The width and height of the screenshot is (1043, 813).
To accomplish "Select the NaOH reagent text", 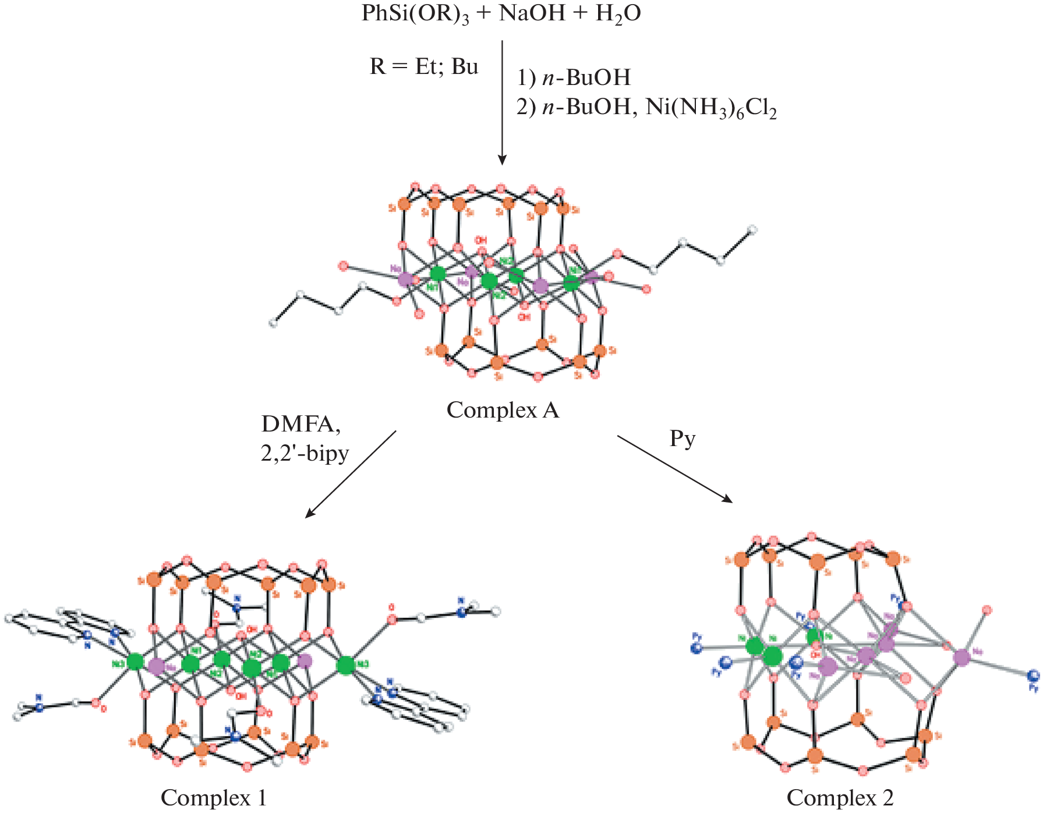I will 532,13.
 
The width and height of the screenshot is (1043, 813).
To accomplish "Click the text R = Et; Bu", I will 423,67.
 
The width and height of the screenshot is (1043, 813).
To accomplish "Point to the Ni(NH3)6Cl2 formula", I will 711,108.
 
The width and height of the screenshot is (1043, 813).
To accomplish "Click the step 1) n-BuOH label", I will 574,77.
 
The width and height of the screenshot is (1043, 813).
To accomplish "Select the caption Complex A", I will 503,411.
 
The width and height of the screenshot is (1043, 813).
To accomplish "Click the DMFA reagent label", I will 300,424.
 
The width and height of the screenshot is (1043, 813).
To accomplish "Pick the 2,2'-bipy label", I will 305,453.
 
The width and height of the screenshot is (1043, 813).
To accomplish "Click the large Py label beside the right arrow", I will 683,438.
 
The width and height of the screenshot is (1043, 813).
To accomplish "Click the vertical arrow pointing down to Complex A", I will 502,102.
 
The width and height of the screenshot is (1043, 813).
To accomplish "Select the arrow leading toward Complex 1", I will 351,474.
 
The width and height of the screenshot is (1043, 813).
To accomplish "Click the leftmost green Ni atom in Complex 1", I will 135,662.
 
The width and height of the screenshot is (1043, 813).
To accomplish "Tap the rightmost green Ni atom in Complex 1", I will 346,665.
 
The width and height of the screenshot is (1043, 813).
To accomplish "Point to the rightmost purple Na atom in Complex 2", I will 961,658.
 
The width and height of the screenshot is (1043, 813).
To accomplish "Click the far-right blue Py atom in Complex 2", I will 1033,676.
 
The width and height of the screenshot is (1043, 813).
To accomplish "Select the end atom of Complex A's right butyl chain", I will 752,230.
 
